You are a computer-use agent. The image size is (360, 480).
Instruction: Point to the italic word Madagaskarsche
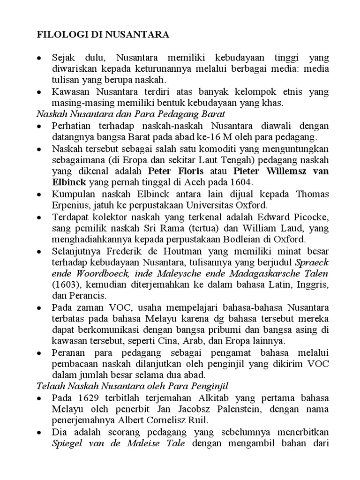point(262,273)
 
